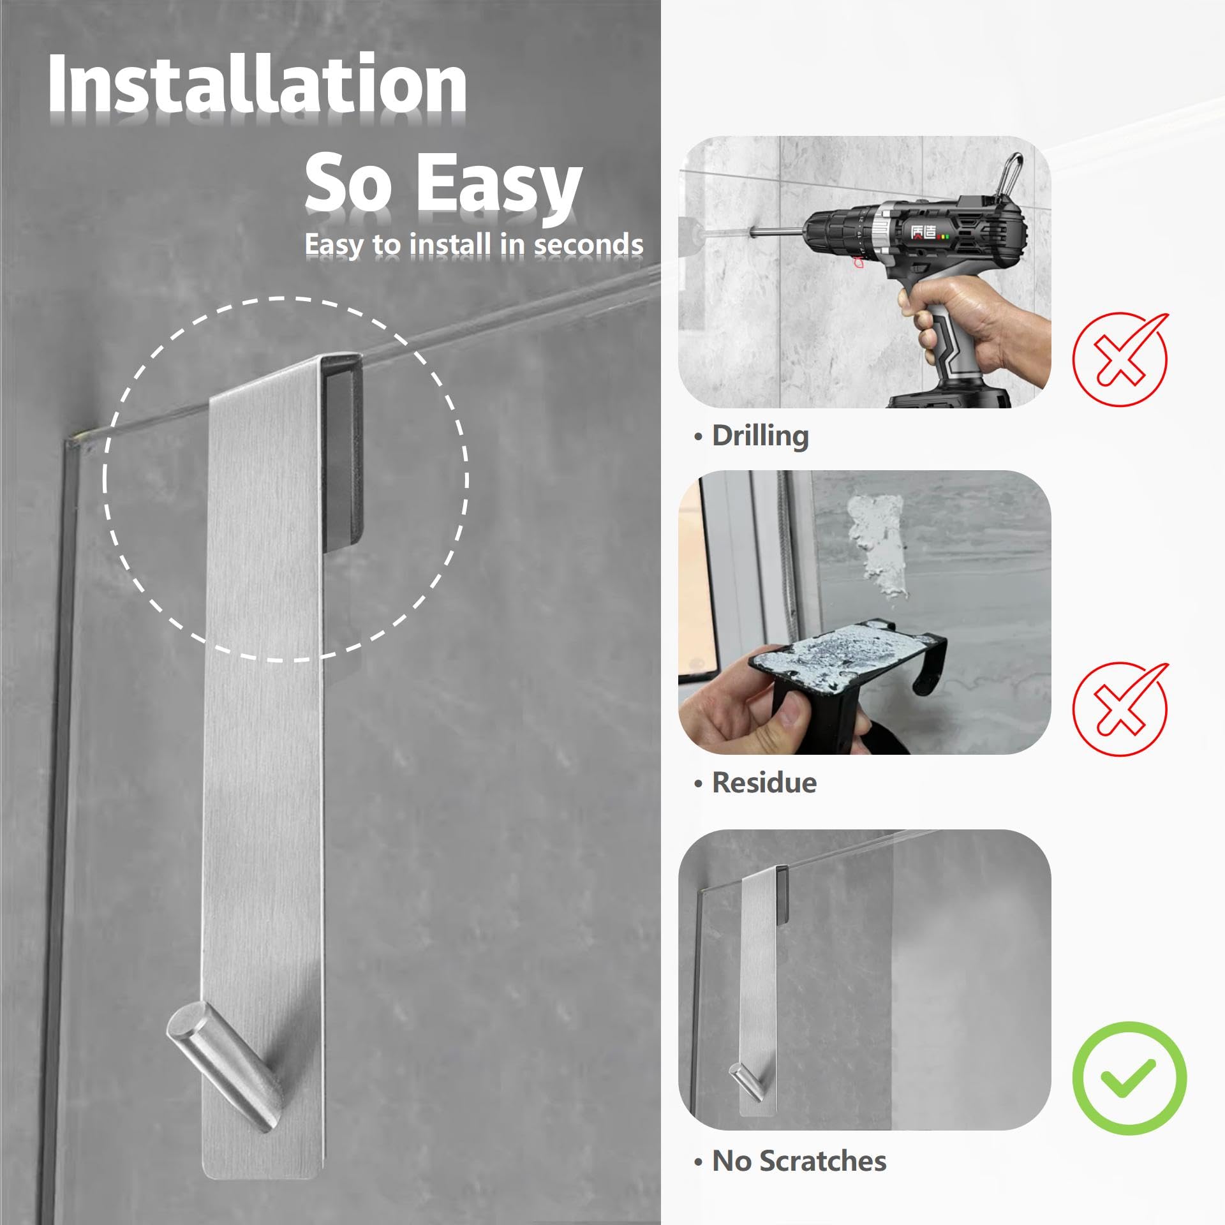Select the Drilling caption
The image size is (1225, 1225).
pyautogui.click(x=752, y=436)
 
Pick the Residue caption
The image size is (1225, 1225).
pyautogui.click(x=755, y=782)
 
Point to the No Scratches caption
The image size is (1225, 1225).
pyautogui.click(x=790, y=1161)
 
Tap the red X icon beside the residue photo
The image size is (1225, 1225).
pyautogui.click(x=1120, y=708)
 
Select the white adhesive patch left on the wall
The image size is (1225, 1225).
pyautogui.click(x=877, y=546)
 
